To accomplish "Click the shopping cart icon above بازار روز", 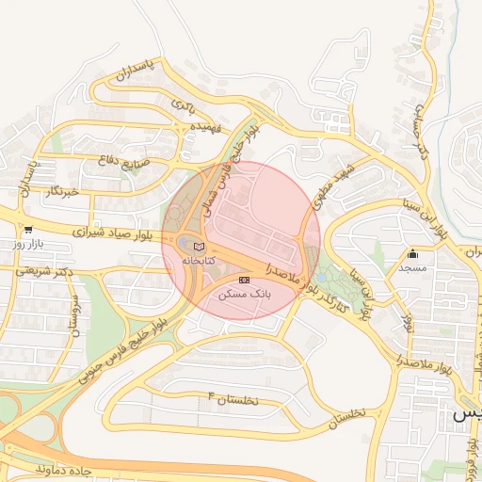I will click(x=28, y=229).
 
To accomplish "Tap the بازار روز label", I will click(x=28, y=244).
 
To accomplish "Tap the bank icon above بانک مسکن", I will click(x=245, y=280).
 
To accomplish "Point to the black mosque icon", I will click(x=412, y=253).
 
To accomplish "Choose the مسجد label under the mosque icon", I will click(x=412, y=268).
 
